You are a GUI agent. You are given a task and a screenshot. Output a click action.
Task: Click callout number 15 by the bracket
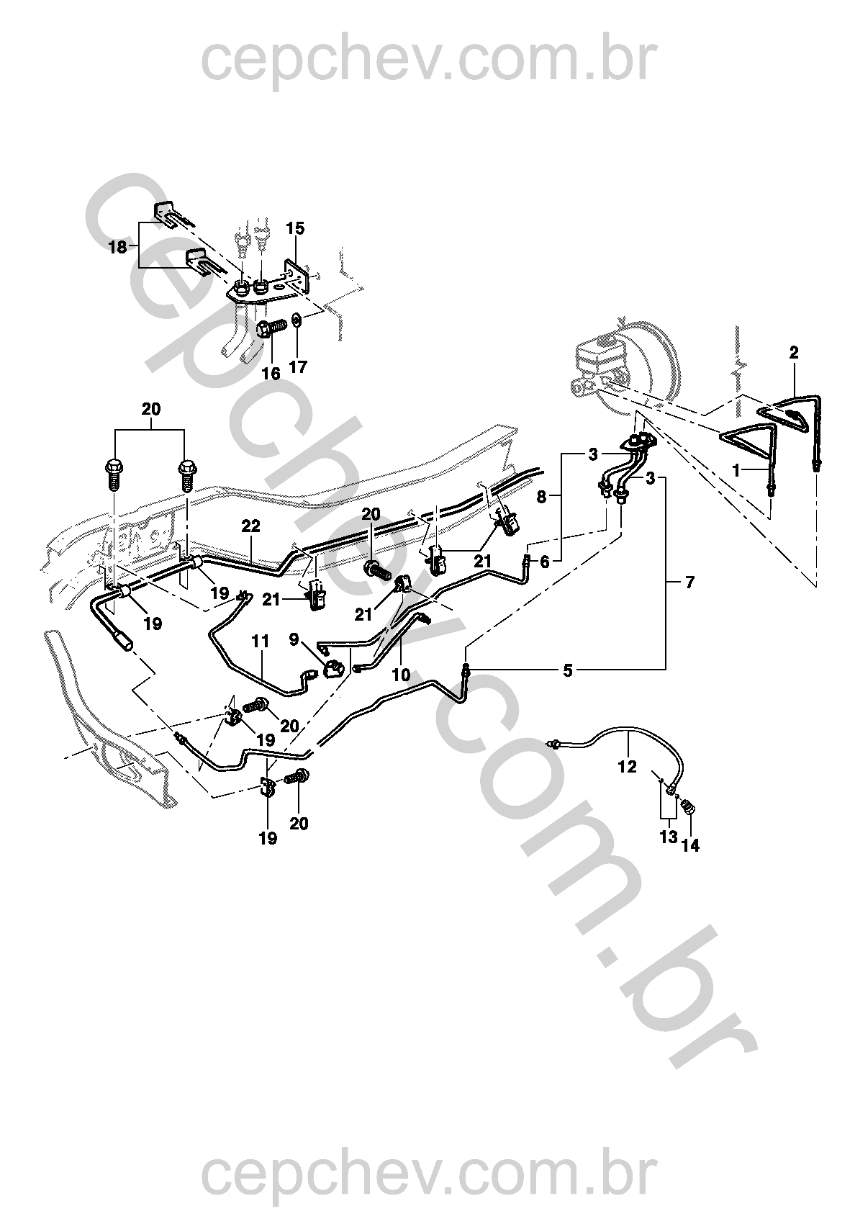tap(295, 229)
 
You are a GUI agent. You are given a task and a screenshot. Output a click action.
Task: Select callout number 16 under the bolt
tap(271, 374)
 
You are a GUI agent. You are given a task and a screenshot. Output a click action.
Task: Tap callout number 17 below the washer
tap(298, 367)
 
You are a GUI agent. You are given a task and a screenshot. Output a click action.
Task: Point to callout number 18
tap(117, 248)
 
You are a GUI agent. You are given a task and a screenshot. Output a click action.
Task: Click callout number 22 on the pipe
tap(250, 527)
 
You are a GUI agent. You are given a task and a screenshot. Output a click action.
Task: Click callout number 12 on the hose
tap(628, 767)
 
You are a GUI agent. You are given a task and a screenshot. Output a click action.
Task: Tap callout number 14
tap(690, 845)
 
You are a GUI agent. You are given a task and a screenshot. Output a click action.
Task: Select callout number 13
tap(669, 837)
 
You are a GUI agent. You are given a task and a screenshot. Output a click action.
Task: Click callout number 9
tap(294, 638)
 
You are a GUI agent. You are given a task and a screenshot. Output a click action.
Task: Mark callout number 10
tap(401, 675)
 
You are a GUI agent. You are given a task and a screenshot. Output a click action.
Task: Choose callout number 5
tap(568, 671)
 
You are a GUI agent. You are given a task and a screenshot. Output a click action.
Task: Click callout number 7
tap(689, 582)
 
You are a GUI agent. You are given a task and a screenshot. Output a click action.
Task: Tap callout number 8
tap(542, 497)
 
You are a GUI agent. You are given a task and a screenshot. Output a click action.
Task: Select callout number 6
tap(544, 562)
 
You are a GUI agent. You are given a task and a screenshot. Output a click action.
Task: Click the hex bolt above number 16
tap(268, 331)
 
